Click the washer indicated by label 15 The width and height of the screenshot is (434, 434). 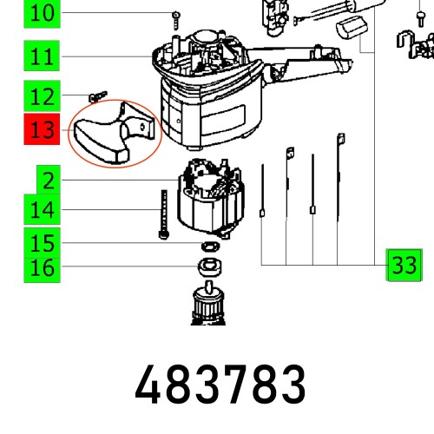[208, 249]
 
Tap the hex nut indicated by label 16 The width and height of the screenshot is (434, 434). [208, 266]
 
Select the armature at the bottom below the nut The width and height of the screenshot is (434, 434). [209, 308]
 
